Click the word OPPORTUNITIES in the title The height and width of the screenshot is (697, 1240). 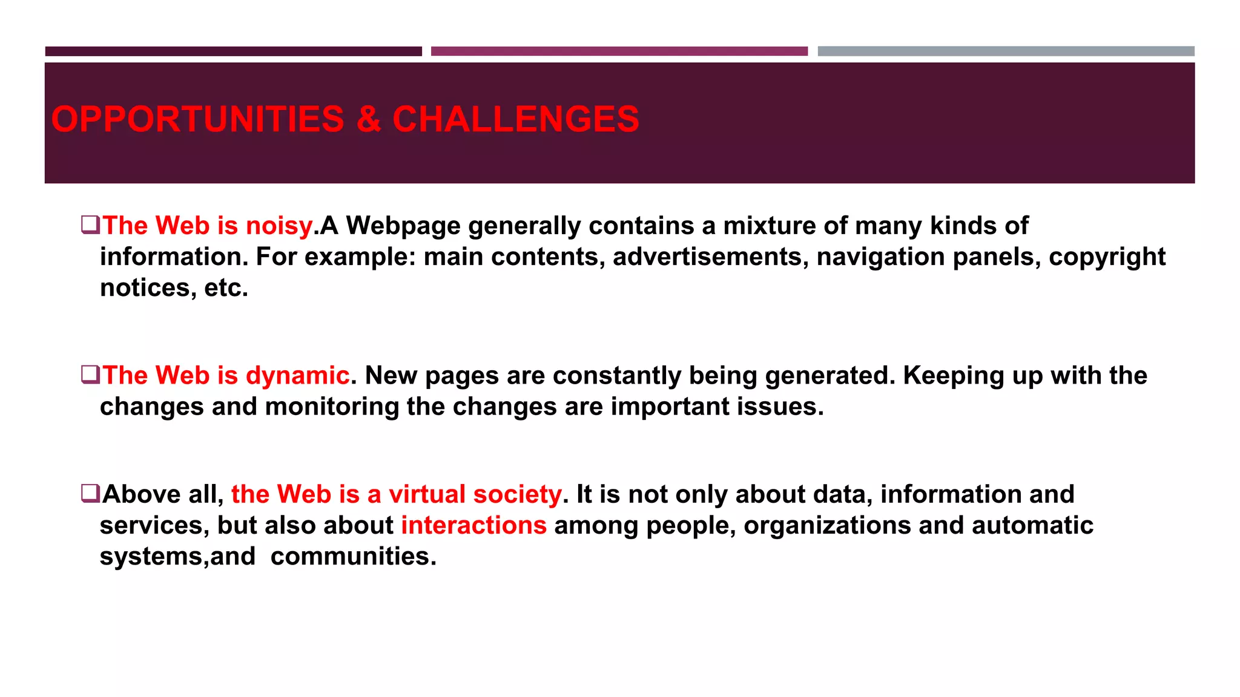pos(197,119)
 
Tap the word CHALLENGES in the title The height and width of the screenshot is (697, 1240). pos(516,119)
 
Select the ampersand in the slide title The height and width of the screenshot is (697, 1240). pos(368,119)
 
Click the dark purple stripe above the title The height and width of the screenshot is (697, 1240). pos(233,51)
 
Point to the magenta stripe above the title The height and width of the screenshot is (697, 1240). pos(619,51)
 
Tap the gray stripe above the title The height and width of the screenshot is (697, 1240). pos(1006,51)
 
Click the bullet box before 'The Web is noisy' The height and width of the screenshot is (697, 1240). pos(90,224)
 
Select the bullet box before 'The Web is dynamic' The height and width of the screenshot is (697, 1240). pos(90,375)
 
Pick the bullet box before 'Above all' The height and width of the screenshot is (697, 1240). pos(90,493)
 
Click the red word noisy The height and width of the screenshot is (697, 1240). pos(279,226)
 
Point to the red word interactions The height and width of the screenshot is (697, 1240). pos(474,525)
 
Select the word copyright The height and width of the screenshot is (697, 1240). pos(1107,257)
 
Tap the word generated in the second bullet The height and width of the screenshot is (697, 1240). pos(829,376)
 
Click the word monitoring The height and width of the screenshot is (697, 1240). pos(332,407)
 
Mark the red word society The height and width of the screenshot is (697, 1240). pos(517,494)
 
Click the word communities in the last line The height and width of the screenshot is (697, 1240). pos(353,557)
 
